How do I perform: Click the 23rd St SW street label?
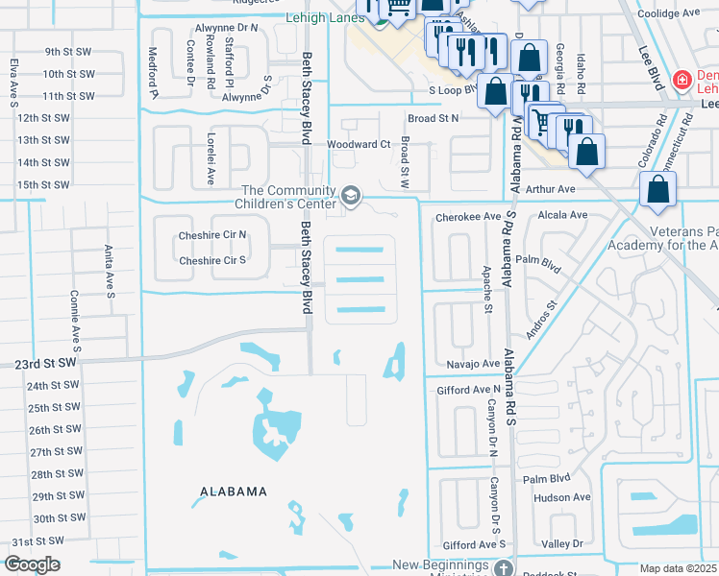[44, 364]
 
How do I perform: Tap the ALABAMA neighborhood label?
[234, 492]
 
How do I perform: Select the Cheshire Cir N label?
[212, 234]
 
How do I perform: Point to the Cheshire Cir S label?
[212, 260]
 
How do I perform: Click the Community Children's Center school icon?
[351, 197]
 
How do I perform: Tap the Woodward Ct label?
[358, 144]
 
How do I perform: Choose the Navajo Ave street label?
[473, 365]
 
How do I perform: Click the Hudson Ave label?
[561, 497]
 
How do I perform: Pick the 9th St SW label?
[70, 51]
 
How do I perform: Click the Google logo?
[32, 564]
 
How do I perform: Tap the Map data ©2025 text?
[678, 568]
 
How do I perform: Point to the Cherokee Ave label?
[468, 217]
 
